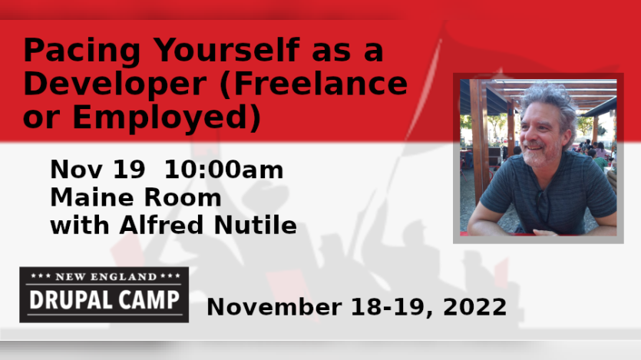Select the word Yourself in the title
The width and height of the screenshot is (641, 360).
[x=226, y=49]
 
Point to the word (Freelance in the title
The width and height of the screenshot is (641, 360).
[x=313, y=84]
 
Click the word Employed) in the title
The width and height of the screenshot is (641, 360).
[x=167, y=117]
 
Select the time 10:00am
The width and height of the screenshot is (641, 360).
[x=223, y=169]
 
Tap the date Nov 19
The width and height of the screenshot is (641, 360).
[x=97, y=169]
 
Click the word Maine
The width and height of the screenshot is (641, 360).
[x=92, y=197]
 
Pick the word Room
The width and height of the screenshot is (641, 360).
[x=183, y=197]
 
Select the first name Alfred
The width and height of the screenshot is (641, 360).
[x=161, y=225]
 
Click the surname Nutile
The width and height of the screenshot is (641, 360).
[x=255, y=225]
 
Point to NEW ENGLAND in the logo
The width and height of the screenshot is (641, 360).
[x=106, y=276]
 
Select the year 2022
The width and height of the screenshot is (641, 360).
[x=474, y=307]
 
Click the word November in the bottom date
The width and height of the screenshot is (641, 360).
[x=274, y=307]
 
